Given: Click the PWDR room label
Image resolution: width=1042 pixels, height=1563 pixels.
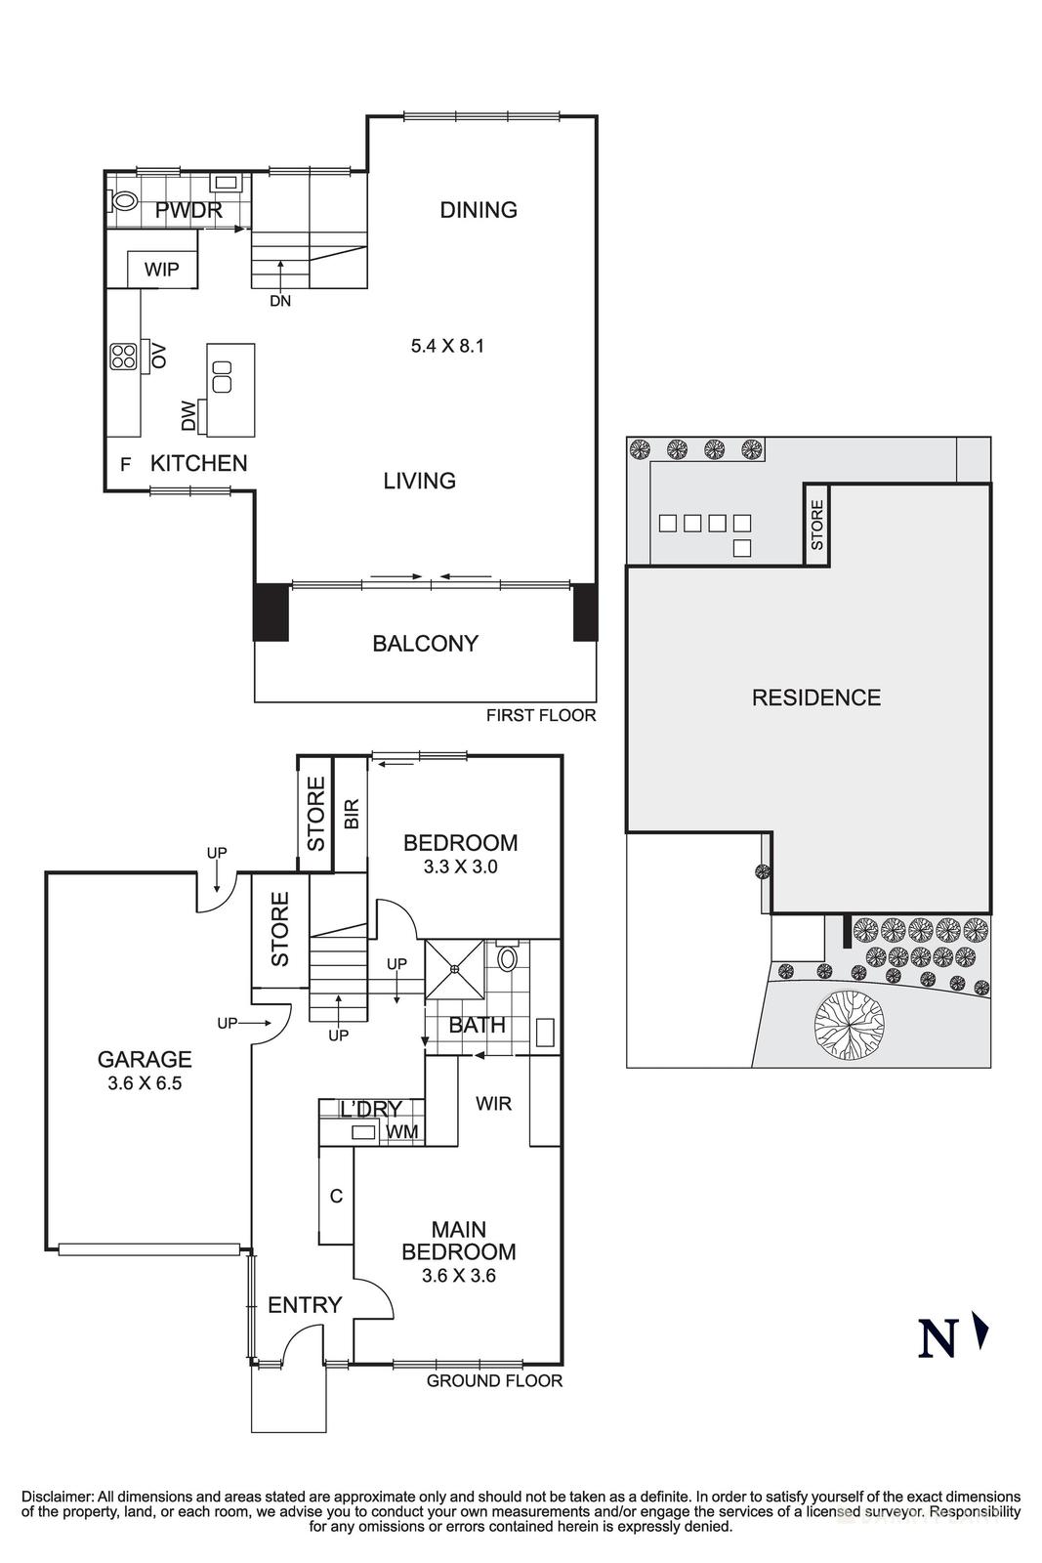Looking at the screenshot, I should pyautogui.click(x=188, y=210).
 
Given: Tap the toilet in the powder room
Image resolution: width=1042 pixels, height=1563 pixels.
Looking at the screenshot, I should pyautogui.click(x=123, y=201).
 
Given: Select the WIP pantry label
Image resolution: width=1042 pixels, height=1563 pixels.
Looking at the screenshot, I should pyautogui.click(x=162, y=270).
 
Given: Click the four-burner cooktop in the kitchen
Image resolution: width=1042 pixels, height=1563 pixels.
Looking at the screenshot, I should pyautogui.click(x=123, y=357).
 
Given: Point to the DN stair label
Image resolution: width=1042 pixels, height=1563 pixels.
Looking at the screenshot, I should pyautogui.click(x=280, y=301).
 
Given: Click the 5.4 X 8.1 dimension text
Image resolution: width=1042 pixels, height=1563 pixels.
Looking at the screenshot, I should pyautogui.click(x=447, y=345).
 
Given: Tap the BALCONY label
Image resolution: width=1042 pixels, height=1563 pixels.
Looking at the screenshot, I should pyautogui.click(x=425, y=643).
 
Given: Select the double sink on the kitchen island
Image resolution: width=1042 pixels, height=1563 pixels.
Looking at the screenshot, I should pyautogui.click(x=223, y=376).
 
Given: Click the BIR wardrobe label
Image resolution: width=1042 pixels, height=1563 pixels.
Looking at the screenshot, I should pyautogui.click(x=352, y=814).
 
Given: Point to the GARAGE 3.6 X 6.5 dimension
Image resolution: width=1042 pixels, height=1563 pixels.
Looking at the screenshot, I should pyautogui.click(x=145, y=1082).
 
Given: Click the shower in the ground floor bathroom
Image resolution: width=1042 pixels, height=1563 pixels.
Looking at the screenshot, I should pyautogui.click(x=455, y=969).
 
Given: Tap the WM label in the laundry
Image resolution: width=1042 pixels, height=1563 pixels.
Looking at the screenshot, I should pyautogui.click(x=402, y=1131).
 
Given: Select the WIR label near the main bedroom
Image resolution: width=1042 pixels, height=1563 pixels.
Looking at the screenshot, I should pyautogui.click(x=493, y=1103).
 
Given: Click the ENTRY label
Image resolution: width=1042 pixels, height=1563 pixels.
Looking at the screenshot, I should pyautogui.click(x=305, y=1304).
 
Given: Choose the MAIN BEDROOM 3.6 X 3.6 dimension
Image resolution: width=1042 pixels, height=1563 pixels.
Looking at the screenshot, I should pyautogui.click(x=459, y=1275).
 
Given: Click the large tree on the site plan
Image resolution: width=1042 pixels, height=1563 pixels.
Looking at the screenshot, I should pyautogui.click(x=849, y=1024).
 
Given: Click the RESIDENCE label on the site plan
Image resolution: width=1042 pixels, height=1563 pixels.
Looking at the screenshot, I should pyautogui.click(x=815, y=697).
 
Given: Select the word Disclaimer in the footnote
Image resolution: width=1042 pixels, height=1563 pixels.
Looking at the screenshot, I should pyautogui.click(x=57, y=1496).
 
